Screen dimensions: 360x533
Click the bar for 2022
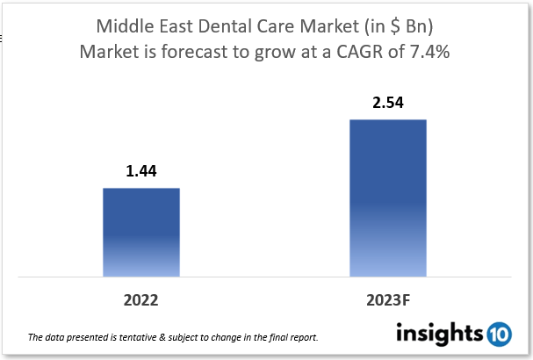click(x=140, y=232)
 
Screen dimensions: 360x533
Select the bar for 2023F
click(x=387, y=198)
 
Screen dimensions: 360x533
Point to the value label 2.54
click(x=387, y=103)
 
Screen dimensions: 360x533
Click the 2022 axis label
click(x=140, y=300)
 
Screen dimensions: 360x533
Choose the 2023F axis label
click(x=387, y=300)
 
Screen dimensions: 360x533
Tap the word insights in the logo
click(x=439, y=334)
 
